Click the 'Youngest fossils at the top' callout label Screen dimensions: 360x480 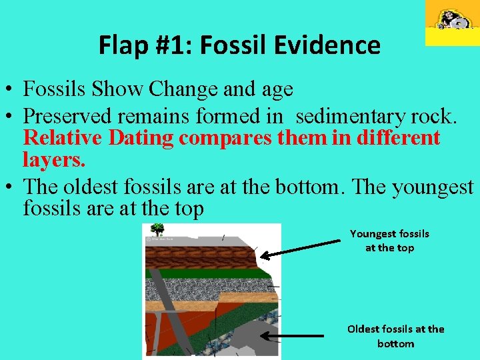(389, 241)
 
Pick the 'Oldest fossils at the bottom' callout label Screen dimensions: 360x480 (395, 336)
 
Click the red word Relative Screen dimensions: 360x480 (63, 138)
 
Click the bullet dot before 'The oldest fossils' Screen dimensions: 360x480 (10, 187)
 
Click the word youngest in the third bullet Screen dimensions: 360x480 (433, 187)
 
